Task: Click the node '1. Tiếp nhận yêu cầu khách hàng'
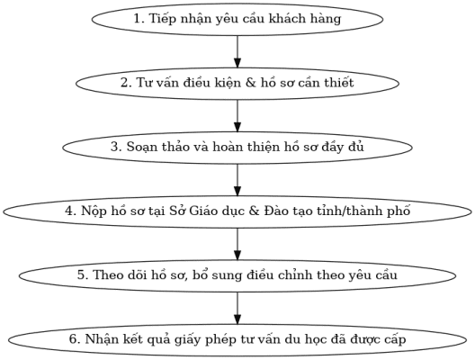[237, 19]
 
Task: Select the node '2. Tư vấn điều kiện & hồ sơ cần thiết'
[237, 84]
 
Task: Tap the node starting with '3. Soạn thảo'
[237, 148]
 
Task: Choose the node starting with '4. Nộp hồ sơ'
[237, 211]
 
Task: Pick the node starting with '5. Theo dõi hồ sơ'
[237, 275]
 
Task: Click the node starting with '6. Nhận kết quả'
[237, 340]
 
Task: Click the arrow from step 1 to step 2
[237, 51]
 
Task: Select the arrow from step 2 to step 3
[237, 116]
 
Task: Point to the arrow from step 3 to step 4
[237, 180]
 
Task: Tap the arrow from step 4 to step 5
[237, 244]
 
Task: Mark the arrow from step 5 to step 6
[237, 308]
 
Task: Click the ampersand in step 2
[250, 83]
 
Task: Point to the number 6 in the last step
[73, 338]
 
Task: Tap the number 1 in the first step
[138, 19]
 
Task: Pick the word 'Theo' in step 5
[105, 274]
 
